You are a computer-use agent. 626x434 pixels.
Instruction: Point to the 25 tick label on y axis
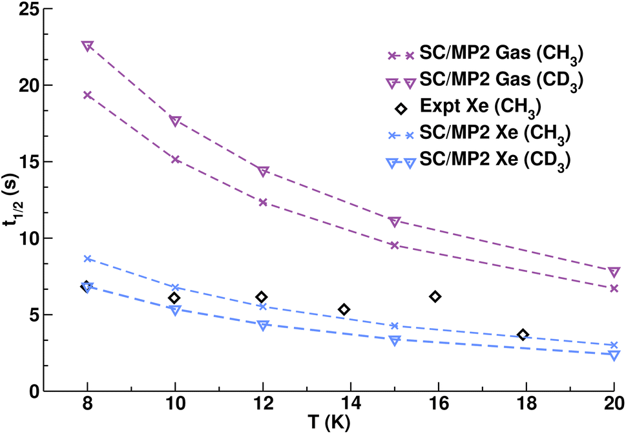pyautogui.click(x=28, y=9)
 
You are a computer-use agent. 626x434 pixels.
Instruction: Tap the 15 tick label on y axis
pyautogui.click(x=28, y=162)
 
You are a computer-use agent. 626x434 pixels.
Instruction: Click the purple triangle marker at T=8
pyautogui.click(x=87, y=46)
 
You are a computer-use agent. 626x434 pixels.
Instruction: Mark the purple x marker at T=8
pyautogui.click(x=87, y=95)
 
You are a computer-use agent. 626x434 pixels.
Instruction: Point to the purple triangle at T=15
pyautogui.click(x=395, y=222)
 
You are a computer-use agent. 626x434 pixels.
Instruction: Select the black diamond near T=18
pyautogui.click(x=523, y=335)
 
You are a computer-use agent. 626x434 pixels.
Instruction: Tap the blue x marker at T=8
pyautogui.click(x=87, y=258)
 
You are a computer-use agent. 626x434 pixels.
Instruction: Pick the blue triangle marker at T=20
pyautogui.click(x=614, y=355)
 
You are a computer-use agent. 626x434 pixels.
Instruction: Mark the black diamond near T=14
pyautogui.click(x=344, y=310)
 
